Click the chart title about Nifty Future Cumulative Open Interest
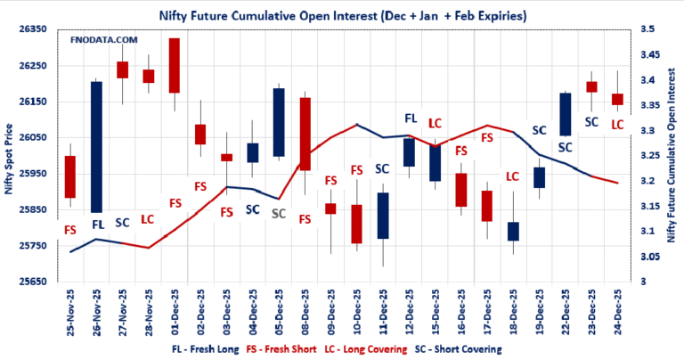342,15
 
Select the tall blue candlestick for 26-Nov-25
96,147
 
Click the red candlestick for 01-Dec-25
174,65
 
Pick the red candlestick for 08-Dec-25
305,134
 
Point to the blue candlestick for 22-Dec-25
565,114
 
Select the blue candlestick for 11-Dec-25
383,215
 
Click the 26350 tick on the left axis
31,29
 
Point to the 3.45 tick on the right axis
645,55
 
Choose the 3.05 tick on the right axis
645,258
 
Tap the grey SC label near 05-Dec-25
279,214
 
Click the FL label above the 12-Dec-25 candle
411,118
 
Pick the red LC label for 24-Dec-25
616,126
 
